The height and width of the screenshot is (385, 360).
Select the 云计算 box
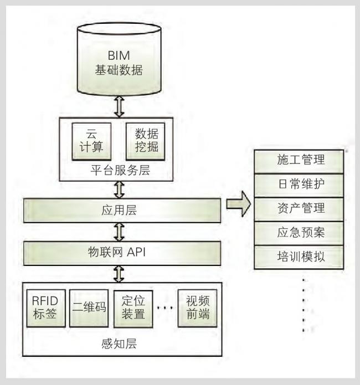91,141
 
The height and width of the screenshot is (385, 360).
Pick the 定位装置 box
133,308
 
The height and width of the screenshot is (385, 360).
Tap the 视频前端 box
197,308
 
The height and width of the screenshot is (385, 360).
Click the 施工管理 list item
300,161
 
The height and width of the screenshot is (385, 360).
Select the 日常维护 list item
300,184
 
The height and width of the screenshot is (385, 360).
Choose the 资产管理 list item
300,208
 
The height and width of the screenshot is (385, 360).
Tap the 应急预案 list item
300,232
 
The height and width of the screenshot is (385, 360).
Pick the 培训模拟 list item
300,256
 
